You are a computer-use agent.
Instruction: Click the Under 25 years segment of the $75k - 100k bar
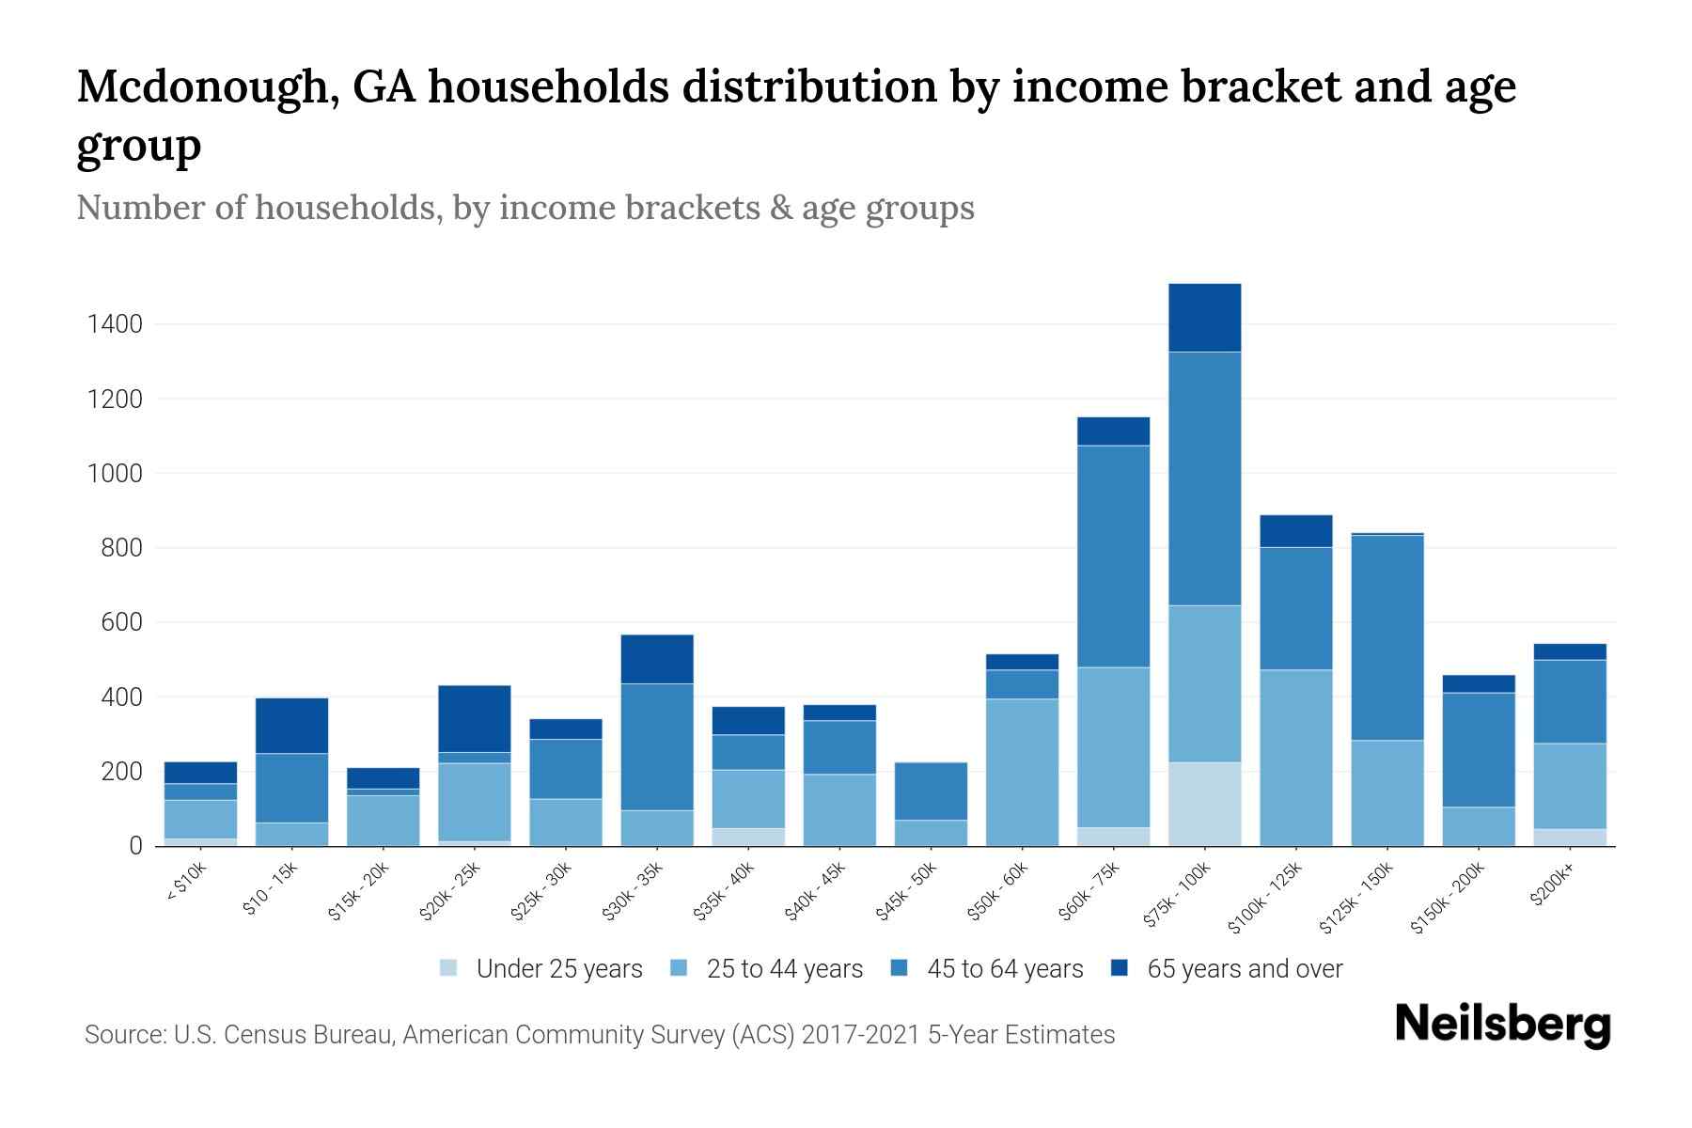tap(1204, 804)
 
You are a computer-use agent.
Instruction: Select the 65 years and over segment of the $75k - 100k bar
tap(1204, 318)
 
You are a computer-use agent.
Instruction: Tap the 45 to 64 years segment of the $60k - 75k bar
tap(1113, 556)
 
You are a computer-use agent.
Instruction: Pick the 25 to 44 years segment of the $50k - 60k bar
tap(1022, 772)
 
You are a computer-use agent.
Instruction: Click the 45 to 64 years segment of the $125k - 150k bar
tap(1386, 637)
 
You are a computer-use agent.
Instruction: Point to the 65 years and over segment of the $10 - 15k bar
tap(291, 726)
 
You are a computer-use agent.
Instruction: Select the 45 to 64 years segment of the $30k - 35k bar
tap(657, 746)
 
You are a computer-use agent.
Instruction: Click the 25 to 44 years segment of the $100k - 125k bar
tap(1295, 758)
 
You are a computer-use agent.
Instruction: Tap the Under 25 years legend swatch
tap(449, 967)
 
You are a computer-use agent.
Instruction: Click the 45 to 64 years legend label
tap(1004, 968)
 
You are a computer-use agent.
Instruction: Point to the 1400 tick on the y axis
tap(115, 325)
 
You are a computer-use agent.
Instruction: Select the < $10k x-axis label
tap(187, 884)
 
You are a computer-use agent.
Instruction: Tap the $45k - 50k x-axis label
tap(906, 892)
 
